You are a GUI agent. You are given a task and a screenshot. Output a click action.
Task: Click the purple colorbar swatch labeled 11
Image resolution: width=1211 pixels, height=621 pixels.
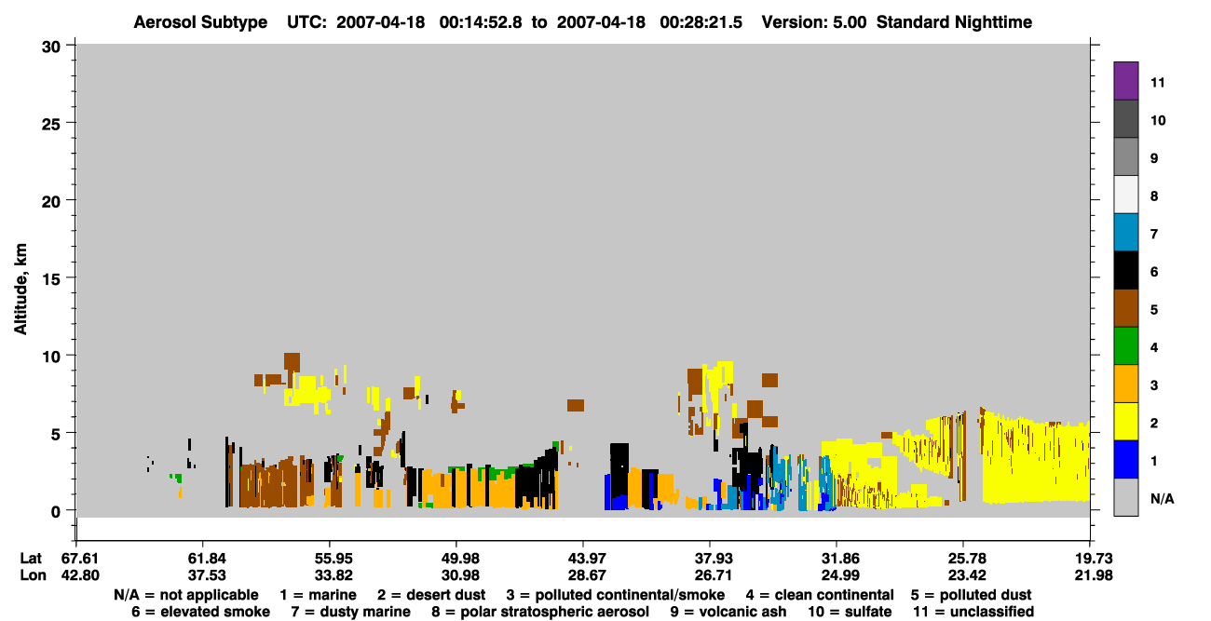pos(1125,80)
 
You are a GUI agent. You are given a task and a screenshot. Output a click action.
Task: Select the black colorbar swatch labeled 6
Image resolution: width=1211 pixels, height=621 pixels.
pos(1125,270)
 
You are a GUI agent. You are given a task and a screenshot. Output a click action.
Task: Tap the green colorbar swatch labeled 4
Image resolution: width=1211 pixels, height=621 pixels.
pos(1125,346)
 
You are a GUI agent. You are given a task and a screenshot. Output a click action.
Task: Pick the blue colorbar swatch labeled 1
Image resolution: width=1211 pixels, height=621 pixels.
pos(1125,459)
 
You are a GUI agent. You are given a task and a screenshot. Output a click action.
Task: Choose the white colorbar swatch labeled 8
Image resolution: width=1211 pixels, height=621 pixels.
pos(1125,195)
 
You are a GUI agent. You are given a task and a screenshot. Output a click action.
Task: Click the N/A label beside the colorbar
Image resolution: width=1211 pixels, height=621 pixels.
pos(1162,498)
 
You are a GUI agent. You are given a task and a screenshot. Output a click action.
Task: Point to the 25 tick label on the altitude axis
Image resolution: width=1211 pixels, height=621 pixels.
pos(51,125)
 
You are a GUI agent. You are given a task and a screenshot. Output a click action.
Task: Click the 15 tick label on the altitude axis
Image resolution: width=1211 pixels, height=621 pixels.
pos(51,279)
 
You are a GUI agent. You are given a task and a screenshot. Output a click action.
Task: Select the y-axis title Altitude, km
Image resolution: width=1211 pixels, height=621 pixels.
pos(20,290)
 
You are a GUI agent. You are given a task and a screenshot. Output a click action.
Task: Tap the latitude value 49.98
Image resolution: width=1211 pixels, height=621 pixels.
pos(460,559)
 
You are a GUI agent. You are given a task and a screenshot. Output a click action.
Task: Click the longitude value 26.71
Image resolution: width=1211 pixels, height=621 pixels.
pos(714,575)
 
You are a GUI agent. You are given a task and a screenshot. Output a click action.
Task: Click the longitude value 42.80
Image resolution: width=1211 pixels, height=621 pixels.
pos(80,575)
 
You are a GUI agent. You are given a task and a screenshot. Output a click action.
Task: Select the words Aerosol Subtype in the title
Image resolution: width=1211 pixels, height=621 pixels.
pos(200,22)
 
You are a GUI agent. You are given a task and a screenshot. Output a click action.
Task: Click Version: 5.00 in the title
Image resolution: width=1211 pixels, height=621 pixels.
pos(814,22)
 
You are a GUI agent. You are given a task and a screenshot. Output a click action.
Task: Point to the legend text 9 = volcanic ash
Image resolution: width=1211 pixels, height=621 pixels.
pos(728,612)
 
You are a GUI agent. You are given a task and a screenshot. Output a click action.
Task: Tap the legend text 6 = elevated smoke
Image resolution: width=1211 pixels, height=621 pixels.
pos(200,612)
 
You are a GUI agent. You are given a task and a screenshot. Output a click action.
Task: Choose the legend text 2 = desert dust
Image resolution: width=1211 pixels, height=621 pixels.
pos(431,595)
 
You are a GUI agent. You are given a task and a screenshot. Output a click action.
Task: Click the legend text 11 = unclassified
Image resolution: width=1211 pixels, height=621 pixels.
pos(973,612)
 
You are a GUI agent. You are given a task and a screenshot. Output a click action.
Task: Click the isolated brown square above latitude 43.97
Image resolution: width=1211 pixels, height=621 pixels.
pos(576,405)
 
